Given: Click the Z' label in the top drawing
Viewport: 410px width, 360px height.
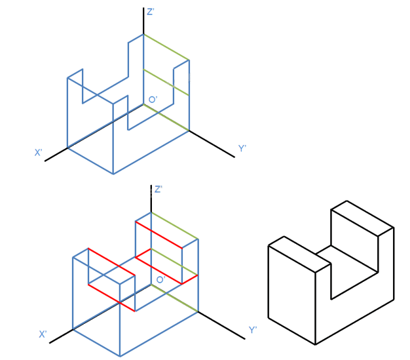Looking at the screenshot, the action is (151, 12).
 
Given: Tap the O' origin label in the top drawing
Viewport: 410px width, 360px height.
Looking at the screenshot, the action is (153, 100).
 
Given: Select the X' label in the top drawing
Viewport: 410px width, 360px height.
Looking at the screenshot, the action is (39, 152).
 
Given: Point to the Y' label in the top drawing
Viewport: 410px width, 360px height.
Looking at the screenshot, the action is (242, 148).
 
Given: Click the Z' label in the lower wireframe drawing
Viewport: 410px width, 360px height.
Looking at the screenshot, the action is (158, 189).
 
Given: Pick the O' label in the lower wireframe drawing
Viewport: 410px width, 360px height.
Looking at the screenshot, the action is (161, 279).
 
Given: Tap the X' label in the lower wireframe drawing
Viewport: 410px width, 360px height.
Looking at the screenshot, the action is (43, 334).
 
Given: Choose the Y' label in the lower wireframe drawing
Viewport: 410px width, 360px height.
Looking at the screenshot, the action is (253, 330).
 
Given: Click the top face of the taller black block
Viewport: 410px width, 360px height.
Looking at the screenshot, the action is (362, 218).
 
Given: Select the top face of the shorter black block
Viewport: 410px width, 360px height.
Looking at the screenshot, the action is (300, 254).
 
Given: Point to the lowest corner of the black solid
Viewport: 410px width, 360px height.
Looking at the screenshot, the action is (315, 344).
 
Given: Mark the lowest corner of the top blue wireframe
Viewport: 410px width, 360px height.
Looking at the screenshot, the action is (113, 174).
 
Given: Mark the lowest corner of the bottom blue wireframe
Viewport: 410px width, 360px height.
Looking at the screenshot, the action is (120, 356).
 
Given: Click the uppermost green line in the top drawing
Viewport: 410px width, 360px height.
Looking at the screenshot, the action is (166, 47).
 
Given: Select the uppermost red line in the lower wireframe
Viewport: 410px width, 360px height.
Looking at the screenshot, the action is (158, 235).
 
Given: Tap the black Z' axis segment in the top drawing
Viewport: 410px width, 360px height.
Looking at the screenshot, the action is (143, 21).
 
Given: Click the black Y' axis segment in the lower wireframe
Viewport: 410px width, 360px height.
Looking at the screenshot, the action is (221, 325).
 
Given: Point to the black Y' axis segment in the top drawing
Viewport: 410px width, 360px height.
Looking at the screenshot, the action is (212, 144).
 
